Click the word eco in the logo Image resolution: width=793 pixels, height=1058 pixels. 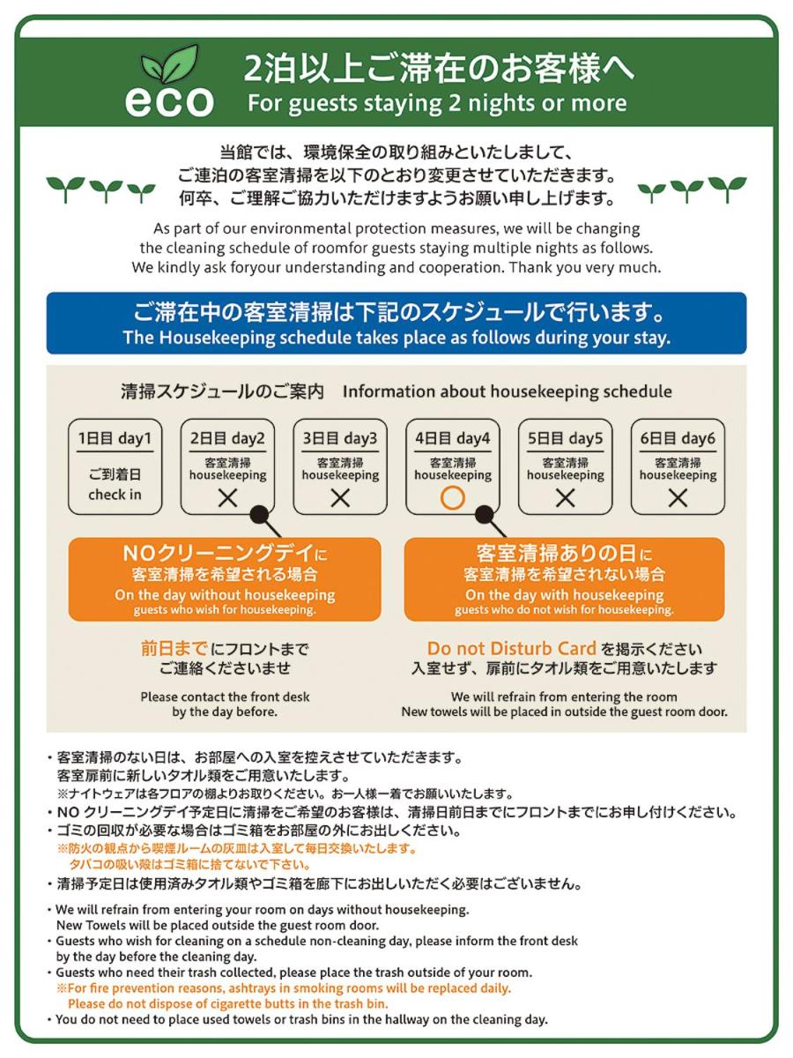tap(169, 101)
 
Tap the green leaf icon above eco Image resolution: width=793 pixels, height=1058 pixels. tap(169, 64)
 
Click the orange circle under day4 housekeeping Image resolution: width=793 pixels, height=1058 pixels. tap(452, 498)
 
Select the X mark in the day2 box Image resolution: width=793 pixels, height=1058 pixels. tap(227, 498)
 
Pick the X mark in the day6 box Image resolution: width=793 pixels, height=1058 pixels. tap(678, 498)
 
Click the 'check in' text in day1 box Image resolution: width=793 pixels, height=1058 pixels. tap(115, 495)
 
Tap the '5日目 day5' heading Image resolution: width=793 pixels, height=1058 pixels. tap(565, 438)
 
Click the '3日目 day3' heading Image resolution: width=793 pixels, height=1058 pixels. tap(340, 438)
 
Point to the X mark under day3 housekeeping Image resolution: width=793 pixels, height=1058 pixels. tap(340, 498)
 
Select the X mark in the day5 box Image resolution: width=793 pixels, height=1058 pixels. tap(566, 498)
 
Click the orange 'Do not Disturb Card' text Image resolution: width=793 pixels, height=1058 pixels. tap(511, 648)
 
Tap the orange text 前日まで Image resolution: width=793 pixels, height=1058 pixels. tap(174, 648)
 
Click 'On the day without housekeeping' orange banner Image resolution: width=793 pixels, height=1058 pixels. tap(225, 579)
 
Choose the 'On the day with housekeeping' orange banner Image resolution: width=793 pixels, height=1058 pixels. tap(564, 579)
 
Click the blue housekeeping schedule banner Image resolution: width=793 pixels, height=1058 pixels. tap(396, 323)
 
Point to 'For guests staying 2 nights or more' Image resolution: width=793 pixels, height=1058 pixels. tap(437, 103)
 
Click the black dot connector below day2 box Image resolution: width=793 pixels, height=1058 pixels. tap(260, 514)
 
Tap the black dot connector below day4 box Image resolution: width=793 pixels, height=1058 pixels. tap(485, 514)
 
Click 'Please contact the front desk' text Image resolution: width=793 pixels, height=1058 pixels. tap(225, 697)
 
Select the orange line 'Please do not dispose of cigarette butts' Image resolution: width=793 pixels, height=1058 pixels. tap(227, 1003)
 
